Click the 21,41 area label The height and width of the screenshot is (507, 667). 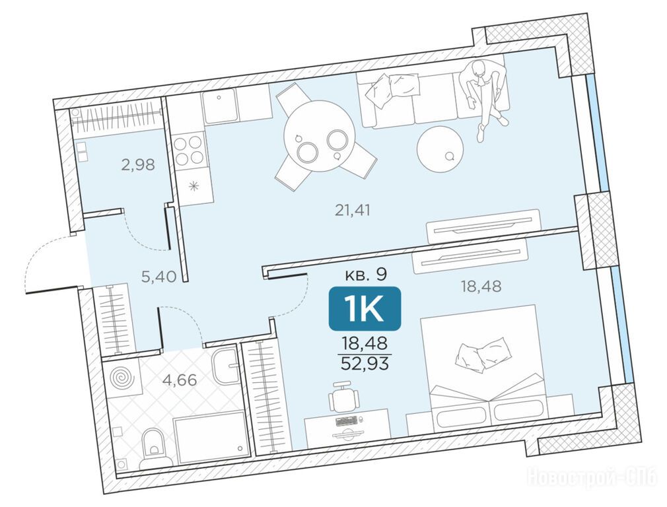(353, 210)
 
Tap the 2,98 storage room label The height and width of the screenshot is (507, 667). (138, 164)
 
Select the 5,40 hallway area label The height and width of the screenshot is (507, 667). (158, 277)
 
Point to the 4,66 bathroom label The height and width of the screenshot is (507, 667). (180, 380)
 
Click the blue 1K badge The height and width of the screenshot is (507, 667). (365, 309)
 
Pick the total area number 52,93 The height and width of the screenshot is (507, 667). (365, 364)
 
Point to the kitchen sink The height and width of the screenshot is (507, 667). (219, 106)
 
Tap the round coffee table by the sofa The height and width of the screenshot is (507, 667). (440, 149)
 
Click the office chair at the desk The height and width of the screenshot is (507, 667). (343, 396)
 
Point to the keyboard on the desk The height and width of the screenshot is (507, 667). (347, 421)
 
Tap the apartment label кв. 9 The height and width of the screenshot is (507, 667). (365, 275)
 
